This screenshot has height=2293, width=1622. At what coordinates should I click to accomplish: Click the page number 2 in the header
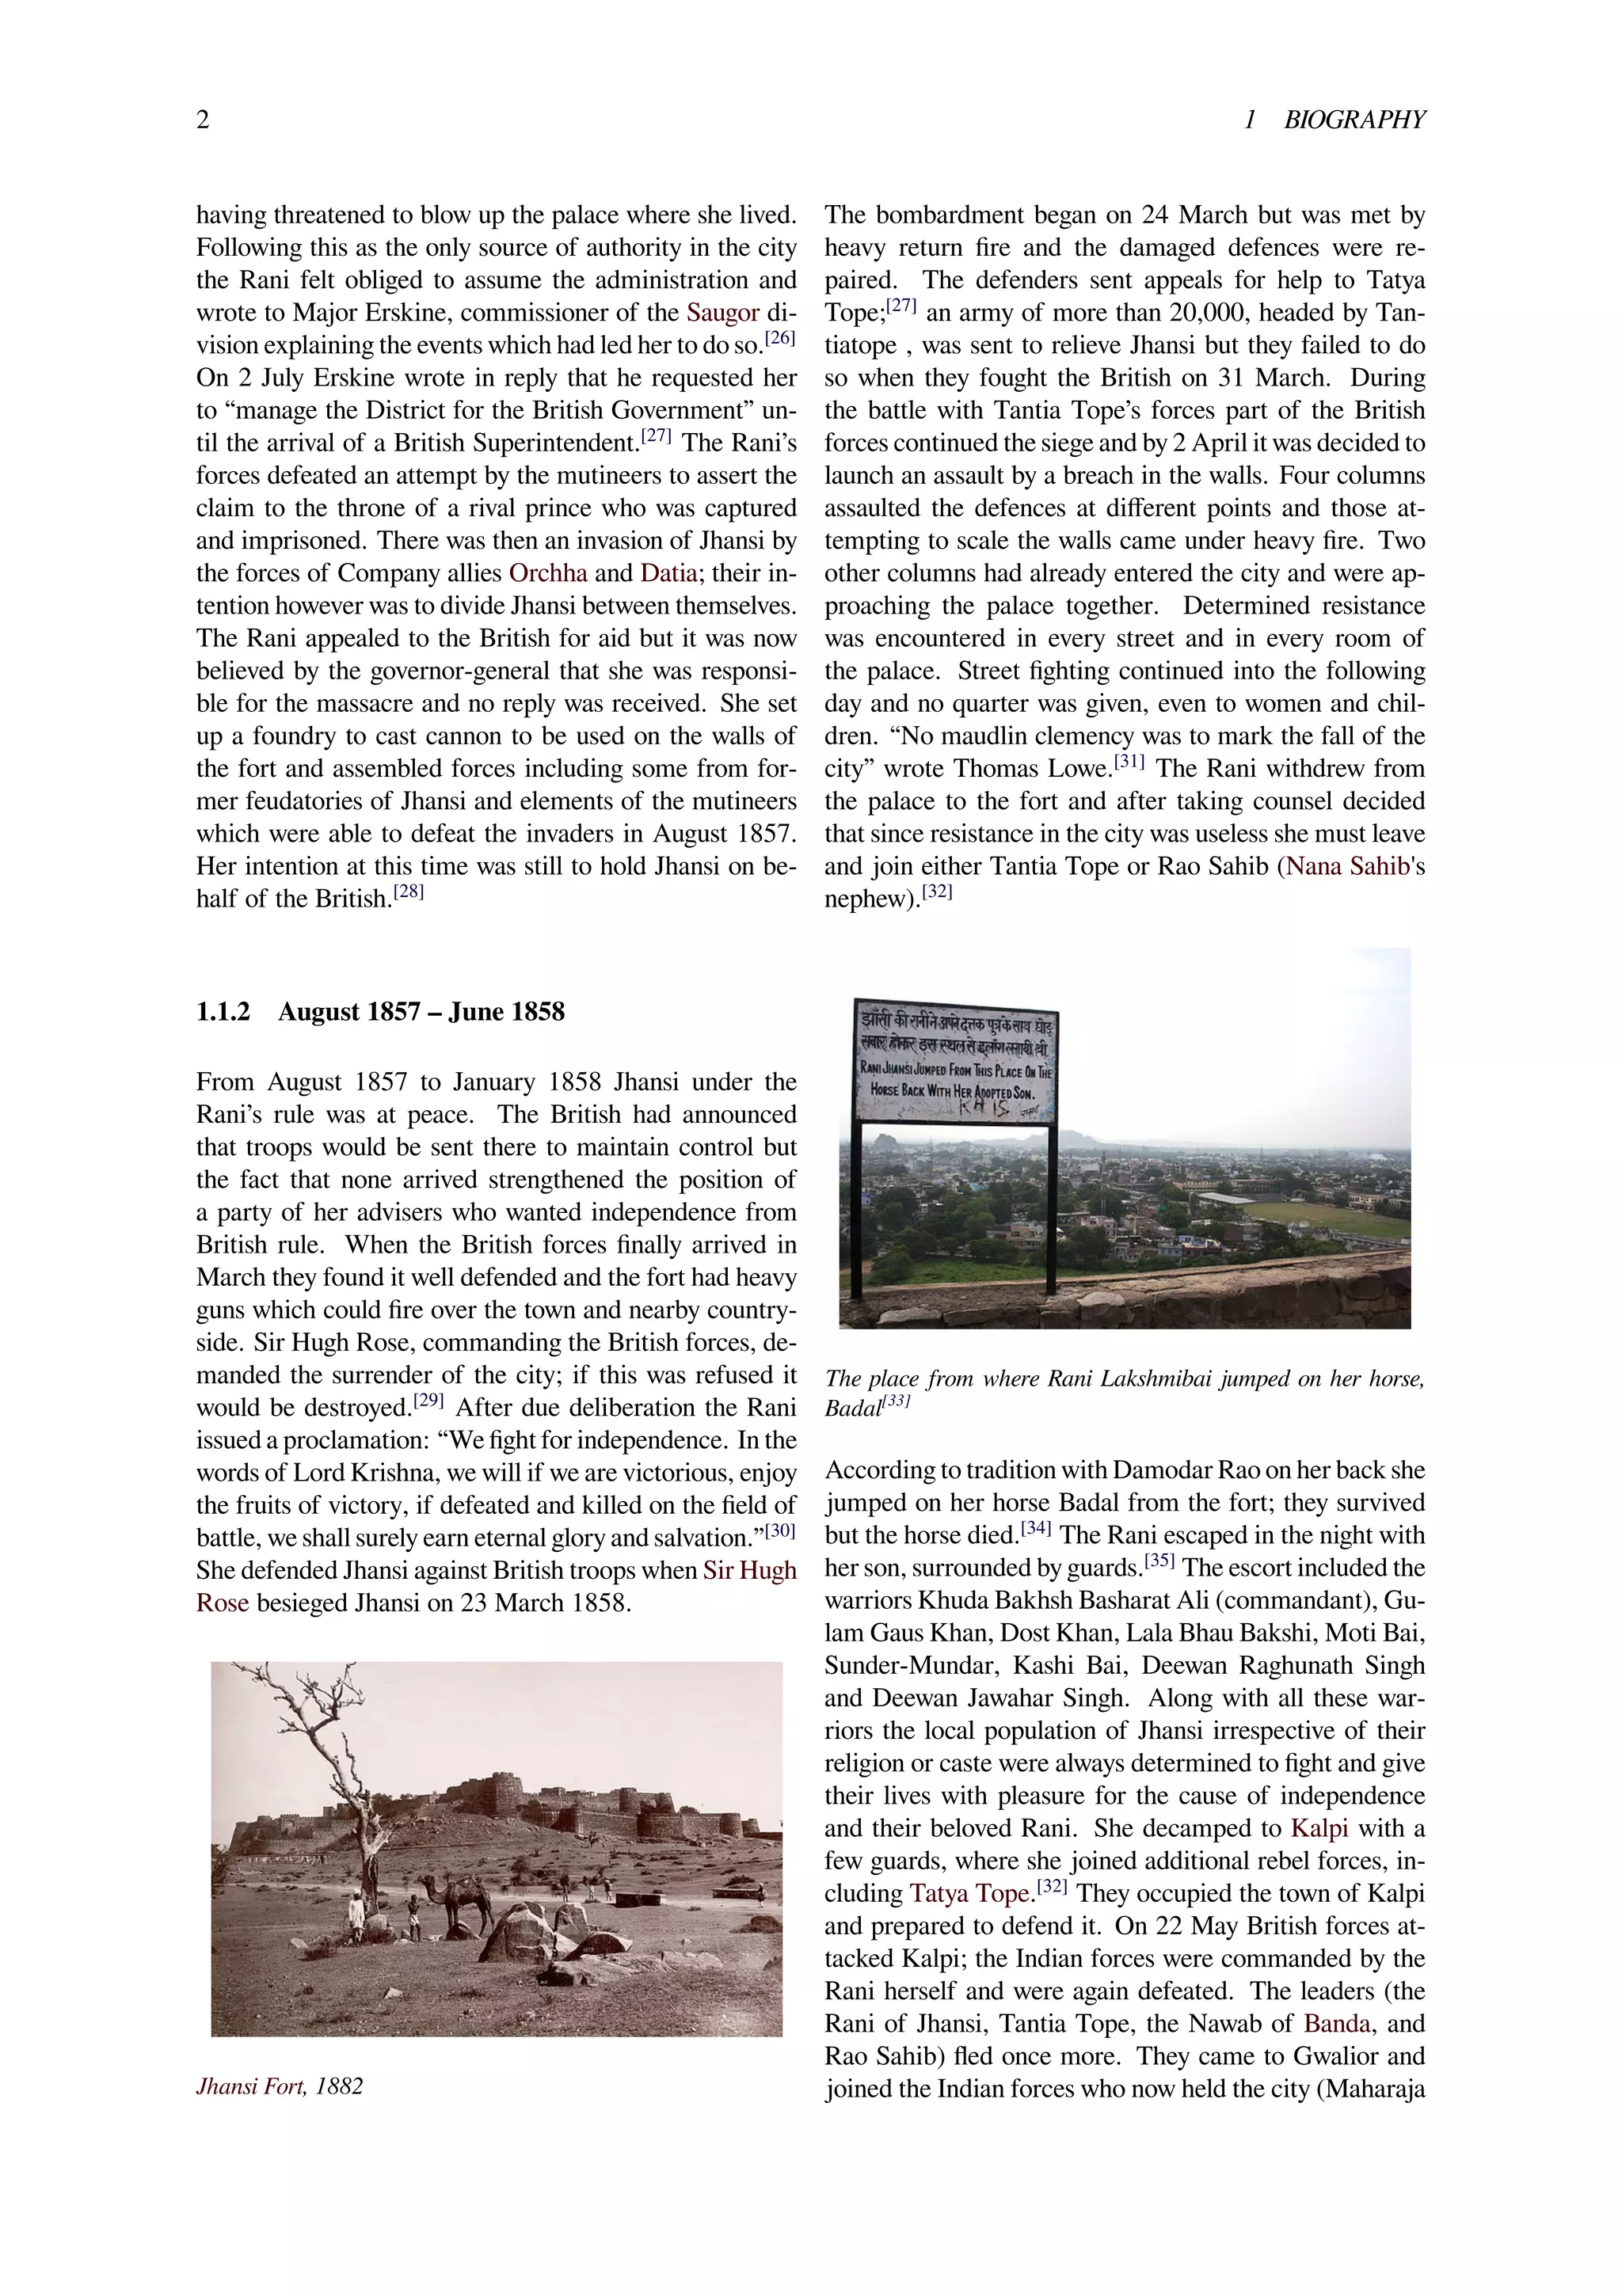[x=203, y=120]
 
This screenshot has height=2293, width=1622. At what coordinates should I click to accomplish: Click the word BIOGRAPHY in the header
[x=1354, y=120]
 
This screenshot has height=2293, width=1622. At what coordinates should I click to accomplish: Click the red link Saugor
[x=722, y=313]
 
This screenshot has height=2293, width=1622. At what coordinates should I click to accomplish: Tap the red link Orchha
[x=547, y=573]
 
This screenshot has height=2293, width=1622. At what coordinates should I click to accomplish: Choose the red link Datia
[x=668, y=573]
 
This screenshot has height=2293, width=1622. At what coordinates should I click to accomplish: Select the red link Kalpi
[x=1319, y=1827]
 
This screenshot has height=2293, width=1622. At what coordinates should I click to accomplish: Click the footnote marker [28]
[x=409, y=892]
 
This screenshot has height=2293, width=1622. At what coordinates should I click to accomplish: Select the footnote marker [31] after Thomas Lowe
[x=1129, y=762]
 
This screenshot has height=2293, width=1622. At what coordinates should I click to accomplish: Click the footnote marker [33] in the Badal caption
[x=897, y=1401]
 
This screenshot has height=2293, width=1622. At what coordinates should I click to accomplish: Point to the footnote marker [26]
[x=780, y=339]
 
